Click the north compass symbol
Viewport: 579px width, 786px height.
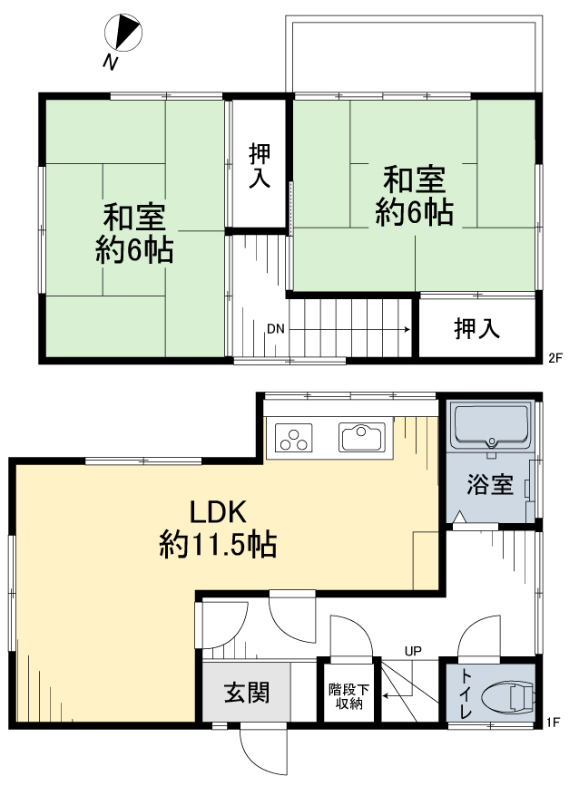[x=123, y=33]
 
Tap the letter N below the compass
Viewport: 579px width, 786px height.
[x=111, y=63]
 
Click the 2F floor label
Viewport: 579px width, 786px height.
[x=554, y=358]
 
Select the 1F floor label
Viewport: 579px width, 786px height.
[x=553, y=723]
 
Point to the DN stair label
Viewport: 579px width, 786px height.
[x=276, y=329]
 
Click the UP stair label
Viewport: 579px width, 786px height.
[x=413, y=651]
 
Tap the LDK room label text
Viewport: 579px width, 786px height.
[x=218, y=512]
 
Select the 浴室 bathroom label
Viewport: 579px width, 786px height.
[x=490, y=484]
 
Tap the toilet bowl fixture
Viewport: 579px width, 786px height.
[x=507, y=697]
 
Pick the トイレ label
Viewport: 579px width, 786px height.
[x=466, y=694]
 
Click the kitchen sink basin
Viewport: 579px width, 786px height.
[x=362, y=437]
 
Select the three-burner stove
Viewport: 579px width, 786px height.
[x=293, y=438]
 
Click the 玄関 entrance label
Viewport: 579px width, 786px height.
[x=246, y=693]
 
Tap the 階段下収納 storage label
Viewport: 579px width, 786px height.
[x=348, y=696]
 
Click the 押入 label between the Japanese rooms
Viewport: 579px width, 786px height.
[x=260, y=165]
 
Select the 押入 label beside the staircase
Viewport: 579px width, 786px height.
[x=476, y=328]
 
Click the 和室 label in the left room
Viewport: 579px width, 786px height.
[x=134, y=217]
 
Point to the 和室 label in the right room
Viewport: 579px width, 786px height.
[x=415, y=180]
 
